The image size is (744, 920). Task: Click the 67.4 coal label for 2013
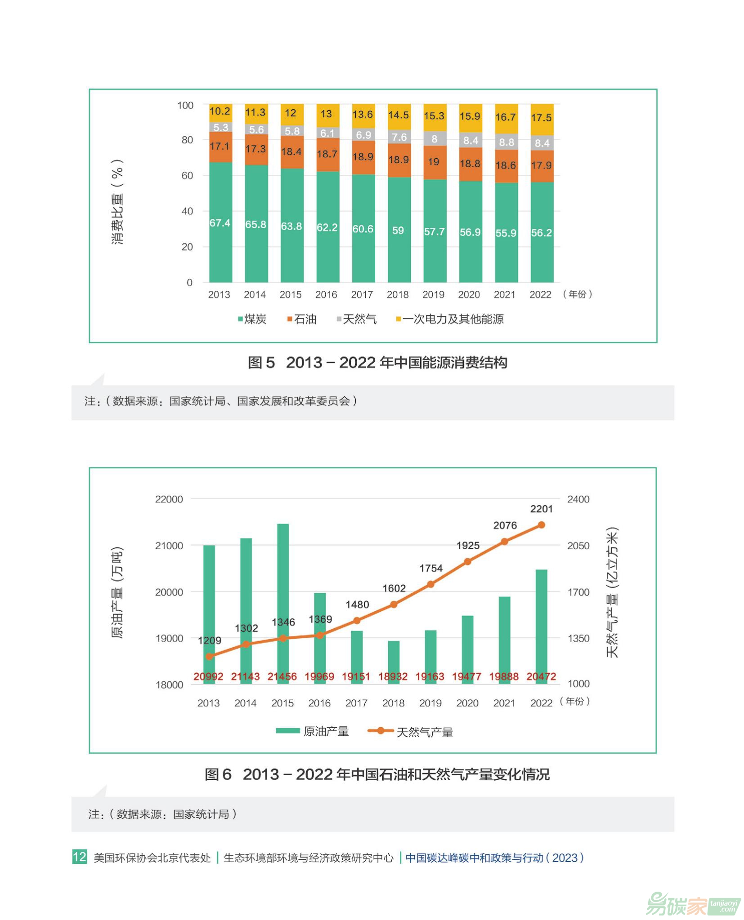click(220, 223)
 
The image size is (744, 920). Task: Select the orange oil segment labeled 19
click(434, 162)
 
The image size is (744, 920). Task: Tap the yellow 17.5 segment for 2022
click(541, 118)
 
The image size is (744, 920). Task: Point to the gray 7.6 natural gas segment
click(399, 137)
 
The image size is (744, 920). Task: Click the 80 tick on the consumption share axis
click(187, 140)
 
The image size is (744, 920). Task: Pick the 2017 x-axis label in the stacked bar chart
click(362, 294)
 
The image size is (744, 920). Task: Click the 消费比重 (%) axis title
click(117, 202)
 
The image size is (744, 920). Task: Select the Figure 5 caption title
click(377, 363)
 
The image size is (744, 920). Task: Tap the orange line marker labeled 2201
click(541, 525)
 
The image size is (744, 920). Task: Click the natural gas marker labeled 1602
click(394, 604)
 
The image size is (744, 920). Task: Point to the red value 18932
click(393, 676)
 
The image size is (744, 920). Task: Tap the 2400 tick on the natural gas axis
click(578, 499)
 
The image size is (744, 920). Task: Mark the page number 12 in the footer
click(79, 857)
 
